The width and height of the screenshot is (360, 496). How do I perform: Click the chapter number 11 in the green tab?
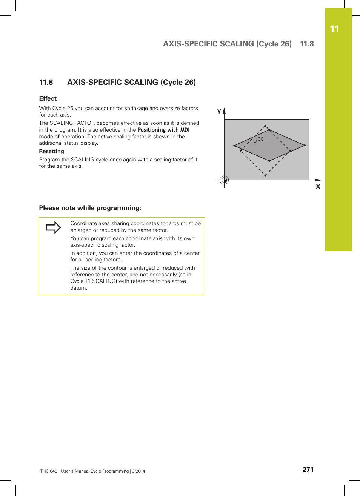coord(334,29)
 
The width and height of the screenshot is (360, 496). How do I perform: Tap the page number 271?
coord(308,470)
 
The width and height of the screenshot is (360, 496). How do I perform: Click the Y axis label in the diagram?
coord(219,111)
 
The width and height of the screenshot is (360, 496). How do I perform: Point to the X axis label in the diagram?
coord(318,187)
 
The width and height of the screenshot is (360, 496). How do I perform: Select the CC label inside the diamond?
coord(261,139)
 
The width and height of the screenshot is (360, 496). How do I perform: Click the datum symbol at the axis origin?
coord(224,180)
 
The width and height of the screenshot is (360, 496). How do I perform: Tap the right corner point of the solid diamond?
coord(305,145)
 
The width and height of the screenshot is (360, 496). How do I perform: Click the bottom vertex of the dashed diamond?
coord(265,175)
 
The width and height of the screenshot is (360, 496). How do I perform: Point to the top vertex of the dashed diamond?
coord(265,126)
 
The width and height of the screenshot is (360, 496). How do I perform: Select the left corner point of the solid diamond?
coord(234,146)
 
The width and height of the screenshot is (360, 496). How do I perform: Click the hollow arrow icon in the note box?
coord(53,227)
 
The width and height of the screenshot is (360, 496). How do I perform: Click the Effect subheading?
coord(48,98)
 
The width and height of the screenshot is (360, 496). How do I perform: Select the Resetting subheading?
coord(52,151)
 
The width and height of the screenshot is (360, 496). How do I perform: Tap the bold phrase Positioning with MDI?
coord(163,130)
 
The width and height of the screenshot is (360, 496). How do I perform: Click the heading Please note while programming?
coord(90,208)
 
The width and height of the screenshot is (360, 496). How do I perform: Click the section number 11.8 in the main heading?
coord(46,82)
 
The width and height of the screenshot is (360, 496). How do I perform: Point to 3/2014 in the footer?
coord(138,471)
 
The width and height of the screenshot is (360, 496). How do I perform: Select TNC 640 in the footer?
coord(49,471)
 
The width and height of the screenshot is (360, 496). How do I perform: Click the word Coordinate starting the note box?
coord(84,223)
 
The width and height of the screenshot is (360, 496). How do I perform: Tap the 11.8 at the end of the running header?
coord(307,44)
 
